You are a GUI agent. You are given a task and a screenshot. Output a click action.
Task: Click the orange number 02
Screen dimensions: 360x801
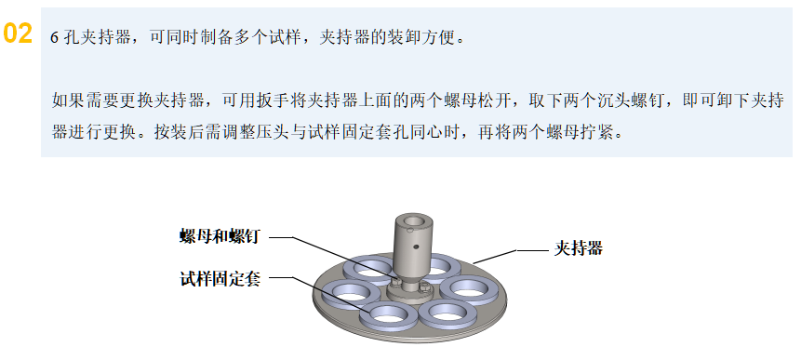pyautogui.click(x=19, y=33)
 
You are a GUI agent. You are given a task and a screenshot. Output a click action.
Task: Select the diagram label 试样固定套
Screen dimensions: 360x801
pyautogui.click(x=219, y=278)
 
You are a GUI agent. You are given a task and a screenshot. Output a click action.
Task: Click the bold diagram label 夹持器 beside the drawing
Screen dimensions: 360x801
pyautogui.click(x=579, y=247)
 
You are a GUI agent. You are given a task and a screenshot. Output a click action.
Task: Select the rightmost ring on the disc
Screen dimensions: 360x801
pyautogui.click(x=466, y=287)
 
